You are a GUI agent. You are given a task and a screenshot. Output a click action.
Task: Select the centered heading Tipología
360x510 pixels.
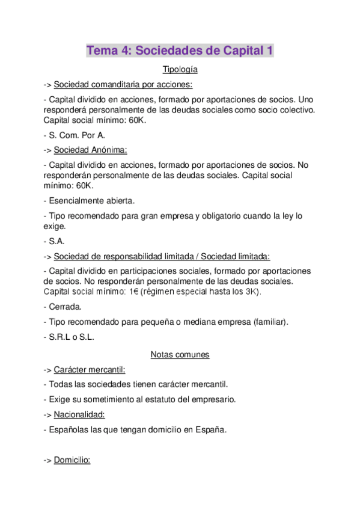(180, 70)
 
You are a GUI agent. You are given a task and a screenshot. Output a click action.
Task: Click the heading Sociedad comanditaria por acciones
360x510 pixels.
(123, 84)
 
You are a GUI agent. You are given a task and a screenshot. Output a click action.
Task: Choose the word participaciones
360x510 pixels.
(172, 271)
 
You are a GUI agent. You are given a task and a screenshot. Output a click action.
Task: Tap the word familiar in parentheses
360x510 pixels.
(270, 322)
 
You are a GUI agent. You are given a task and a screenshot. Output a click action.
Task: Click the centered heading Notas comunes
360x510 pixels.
(180, 354)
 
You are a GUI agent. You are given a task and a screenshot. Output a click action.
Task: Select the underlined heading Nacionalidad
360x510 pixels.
(79, 414)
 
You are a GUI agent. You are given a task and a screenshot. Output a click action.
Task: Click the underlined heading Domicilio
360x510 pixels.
(72, 460)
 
